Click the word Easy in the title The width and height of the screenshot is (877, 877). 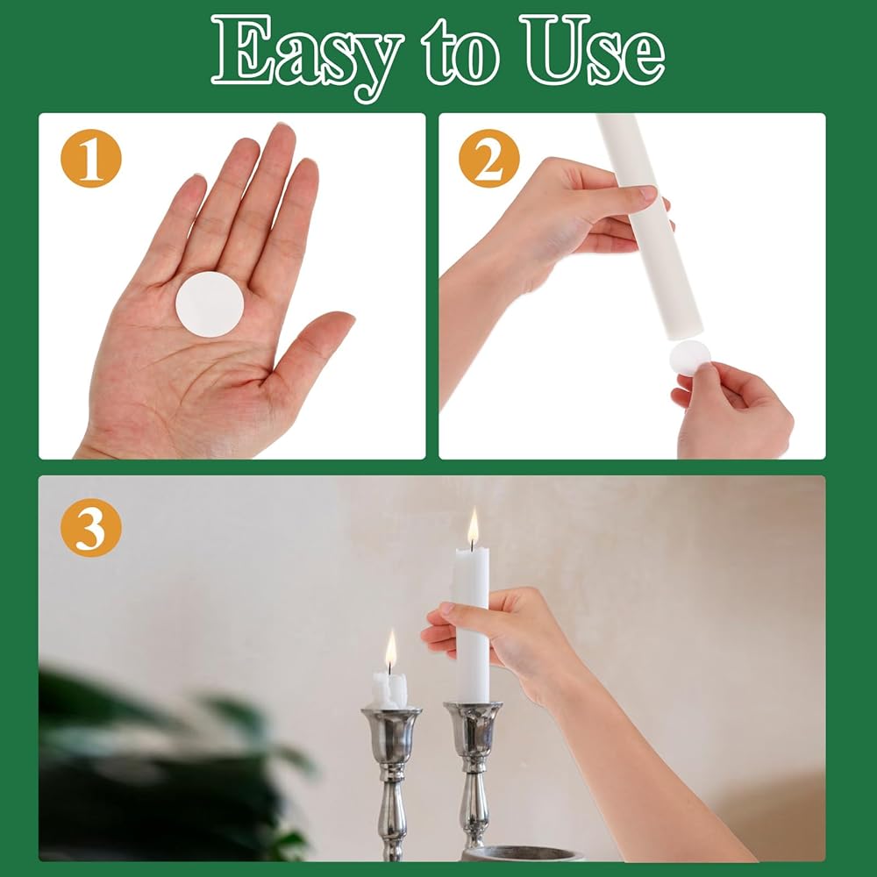(307, 56)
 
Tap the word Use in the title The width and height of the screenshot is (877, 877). (592, 50)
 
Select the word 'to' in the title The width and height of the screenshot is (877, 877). (460, 52)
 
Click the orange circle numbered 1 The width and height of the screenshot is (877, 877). (91, 158)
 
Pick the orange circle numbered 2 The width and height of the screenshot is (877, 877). (488, 158)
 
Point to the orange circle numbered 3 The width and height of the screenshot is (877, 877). (91, 527)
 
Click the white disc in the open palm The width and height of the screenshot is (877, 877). (210, 304)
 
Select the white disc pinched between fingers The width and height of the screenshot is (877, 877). (690, 358)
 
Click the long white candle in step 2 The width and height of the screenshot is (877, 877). (649, 226)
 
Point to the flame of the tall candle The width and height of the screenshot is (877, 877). (474, 527)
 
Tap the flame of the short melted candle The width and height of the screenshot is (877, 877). (391, 650)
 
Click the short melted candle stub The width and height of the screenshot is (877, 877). (390, 690)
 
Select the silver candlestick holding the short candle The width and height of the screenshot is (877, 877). (391, 783)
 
